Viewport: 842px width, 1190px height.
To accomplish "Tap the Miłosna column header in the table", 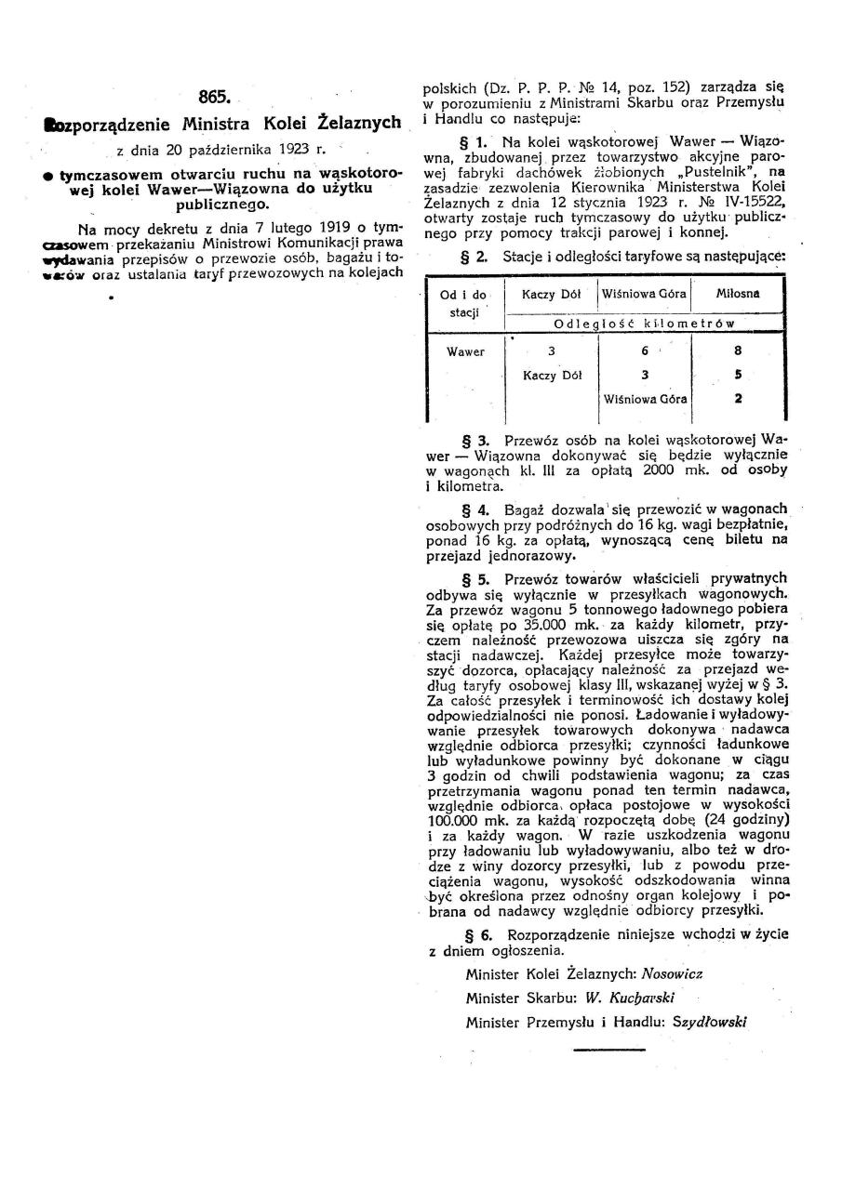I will point(738,294).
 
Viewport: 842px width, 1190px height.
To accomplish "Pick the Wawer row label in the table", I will point(465,352).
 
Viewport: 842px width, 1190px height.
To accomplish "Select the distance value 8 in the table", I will point(738,352).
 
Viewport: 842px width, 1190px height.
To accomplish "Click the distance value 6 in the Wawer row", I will point(645,352).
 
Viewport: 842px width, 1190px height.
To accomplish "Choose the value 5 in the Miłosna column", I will point(738,376).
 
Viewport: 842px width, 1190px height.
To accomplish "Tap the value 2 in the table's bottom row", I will point(738,399).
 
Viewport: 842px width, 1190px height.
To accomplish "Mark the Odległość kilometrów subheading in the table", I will point(644,324).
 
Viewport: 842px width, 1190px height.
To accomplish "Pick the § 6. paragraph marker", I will point(475,935).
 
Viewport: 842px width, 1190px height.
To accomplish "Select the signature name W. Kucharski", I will point(625,997).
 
